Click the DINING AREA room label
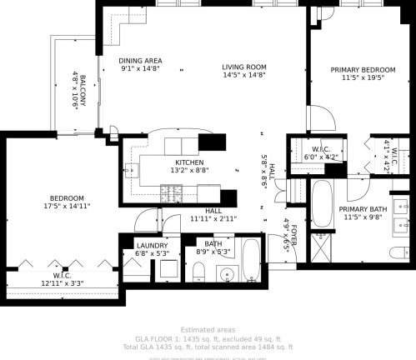click(139, 61)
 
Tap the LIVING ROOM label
click(243, 67)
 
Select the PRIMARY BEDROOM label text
click(362, 70)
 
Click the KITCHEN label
click(189, 162)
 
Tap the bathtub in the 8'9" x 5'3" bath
click(251, 260)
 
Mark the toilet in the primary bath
click(399, 252)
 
